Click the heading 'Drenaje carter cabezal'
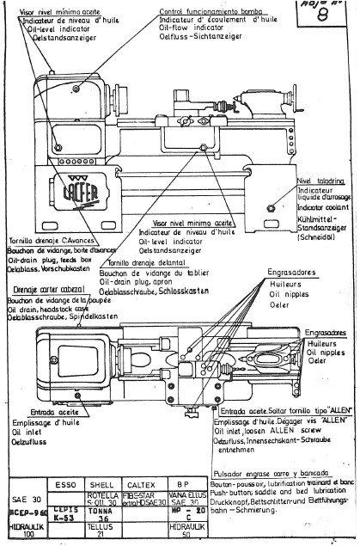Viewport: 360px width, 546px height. pyautogui.click(x=43, y=291)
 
